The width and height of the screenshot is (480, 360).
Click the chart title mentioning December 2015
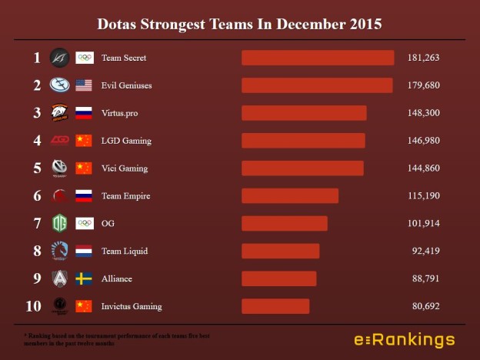[x=239, y=24]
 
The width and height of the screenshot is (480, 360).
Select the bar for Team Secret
[x=318, y=58]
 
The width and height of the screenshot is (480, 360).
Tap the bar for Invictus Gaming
[x=275, y=306]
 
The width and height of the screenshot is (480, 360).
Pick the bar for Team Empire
[x=290, y=196]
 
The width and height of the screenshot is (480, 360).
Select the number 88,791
[x=425, y=278]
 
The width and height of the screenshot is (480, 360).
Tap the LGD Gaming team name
[x=126, y=141]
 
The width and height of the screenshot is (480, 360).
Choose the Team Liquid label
[x=125, y=251]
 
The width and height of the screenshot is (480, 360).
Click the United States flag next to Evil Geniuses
[x=84, y=85]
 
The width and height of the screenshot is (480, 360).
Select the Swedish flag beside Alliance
[x=84, y=278]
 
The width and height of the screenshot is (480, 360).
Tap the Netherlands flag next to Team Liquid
[x=84, y=251]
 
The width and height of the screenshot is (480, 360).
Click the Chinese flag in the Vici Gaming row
[x=84, y=168]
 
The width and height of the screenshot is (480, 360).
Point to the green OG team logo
[x=59, y=223]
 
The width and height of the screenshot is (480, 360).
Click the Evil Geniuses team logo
[x=59, y=85]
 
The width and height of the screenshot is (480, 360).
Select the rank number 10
[x=33, y=306]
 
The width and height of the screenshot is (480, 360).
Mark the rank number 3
[x=36, y=113]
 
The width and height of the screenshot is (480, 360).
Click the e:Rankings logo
[x=404, y=340]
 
